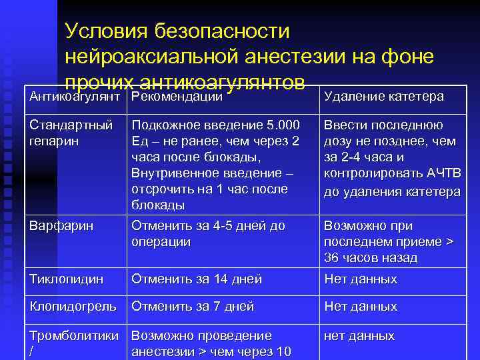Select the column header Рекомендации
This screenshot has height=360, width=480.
(x=177, y=97)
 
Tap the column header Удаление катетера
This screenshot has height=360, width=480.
(x=383, y=97)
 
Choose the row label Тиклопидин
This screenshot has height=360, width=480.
(x=66, y=279)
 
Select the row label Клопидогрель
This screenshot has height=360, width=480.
(x=73, y=307)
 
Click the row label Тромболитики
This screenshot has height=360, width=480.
(x=74, y=335)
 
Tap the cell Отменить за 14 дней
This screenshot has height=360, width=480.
(x=197, y=279)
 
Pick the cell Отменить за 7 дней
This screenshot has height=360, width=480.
(x=193, y=307)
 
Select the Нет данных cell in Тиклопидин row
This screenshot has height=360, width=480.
(x=360, y=279)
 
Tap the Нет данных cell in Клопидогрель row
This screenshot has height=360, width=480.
(x=360, y=307)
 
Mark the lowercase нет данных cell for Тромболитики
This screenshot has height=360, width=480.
(x=359, y=335)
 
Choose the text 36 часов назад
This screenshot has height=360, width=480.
(x=370, y=258)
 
